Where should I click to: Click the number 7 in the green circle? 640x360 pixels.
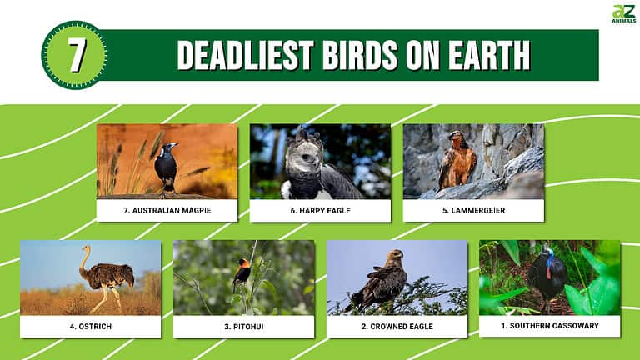click(76, 55)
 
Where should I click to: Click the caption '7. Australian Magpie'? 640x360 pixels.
click(167, 210)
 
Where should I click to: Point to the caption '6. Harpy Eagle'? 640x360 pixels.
click(320, 210)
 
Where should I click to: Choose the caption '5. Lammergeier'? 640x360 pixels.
click(473, 210)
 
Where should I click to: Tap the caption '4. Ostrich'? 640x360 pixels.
click(90, 326)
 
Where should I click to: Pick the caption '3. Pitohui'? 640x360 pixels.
click(243, 326)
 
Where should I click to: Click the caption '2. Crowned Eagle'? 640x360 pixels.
click(397, 326)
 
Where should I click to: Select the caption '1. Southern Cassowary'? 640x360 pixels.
click(550, 325)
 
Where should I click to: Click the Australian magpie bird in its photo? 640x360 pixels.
click(167, 166)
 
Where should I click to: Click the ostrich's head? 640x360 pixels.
click(83, 248)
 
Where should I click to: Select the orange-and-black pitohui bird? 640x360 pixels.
click(242, 272)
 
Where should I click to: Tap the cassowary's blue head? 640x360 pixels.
click(547, 251)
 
